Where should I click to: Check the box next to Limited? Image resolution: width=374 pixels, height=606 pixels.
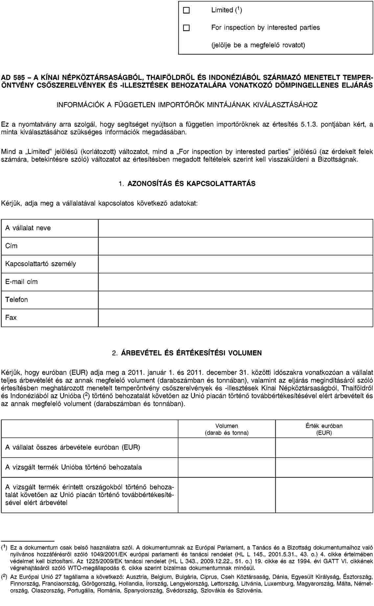click(186, 11)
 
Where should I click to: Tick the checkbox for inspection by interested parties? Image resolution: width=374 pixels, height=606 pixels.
click(186, 28)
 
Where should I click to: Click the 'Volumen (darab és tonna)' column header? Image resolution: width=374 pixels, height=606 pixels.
click(226, 429)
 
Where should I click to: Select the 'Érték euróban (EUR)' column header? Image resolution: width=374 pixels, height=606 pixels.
click(324, 429)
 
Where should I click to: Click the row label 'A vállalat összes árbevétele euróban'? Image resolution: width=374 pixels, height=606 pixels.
click(73, 447)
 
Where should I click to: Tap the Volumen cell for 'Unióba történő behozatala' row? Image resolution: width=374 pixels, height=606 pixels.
click(226, 467)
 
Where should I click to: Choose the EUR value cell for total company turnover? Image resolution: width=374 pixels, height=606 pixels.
click(324, 447)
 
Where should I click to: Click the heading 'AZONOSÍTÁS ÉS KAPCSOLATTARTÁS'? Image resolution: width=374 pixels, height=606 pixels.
click(191, 183)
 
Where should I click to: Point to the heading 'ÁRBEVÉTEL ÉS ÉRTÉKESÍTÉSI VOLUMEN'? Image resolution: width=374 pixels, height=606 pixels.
click(191, 353)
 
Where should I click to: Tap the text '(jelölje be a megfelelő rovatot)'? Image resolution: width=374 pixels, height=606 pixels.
click(258, 45)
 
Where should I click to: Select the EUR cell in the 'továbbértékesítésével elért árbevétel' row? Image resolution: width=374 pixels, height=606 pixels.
click(324, 495)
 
